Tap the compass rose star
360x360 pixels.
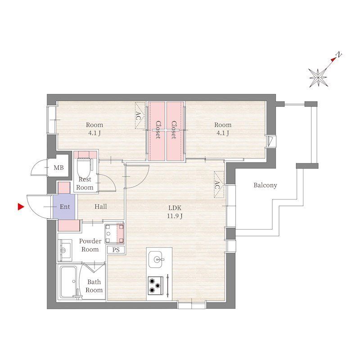(319, 77)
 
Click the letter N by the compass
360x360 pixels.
(340, 55)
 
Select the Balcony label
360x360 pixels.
(265, 185)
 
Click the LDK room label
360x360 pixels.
(175, 208)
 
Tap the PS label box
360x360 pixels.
(116, 250)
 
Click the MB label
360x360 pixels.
(59, 168)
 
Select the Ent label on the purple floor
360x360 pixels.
(65, 207)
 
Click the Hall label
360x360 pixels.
(101, 207)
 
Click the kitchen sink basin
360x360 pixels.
(158, 259)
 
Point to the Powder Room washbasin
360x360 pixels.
(66, 249)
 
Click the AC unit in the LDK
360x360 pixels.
(218, 184)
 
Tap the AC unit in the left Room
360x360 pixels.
(139, 112)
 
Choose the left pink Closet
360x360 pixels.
(157, 130)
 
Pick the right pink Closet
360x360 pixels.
(175, 130)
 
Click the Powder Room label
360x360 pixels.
(90, 245)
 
